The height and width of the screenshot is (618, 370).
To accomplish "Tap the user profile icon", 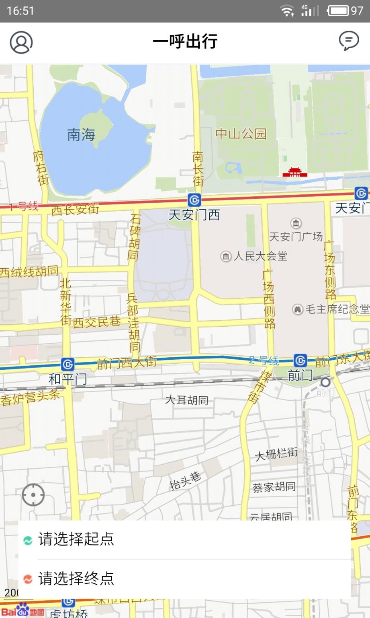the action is coord(21,42).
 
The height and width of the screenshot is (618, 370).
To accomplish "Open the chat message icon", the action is coord(349,41).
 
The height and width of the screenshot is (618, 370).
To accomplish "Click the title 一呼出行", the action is coord(185,41).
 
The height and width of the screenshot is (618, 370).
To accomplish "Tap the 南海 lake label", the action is coord(81,135).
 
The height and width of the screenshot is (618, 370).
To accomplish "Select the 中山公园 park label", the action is coord(241,134).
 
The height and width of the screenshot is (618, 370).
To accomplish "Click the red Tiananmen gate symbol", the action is coord(294,173).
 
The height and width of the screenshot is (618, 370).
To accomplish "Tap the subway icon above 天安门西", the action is coord(194,200).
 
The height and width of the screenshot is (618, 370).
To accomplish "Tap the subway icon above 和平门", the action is coord(67,365).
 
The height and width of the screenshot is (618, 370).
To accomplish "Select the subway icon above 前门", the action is coord(300,360).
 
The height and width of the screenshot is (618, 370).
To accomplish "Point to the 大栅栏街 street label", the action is coord(276,454).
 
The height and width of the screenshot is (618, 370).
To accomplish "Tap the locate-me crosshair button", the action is coord(33,495).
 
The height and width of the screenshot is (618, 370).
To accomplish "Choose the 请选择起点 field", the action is coord(76,539).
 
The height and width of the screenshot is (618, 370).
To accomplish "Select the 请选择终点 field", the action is coord(76,579).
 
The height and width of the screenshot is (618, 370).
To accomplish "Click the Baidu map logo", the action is coord(22,611).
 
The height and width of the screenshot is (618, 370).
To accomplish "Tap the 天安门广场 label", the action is coord(296,237).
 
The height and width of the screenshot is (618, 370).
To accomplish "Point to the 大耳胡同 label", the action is coord(187,400).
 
